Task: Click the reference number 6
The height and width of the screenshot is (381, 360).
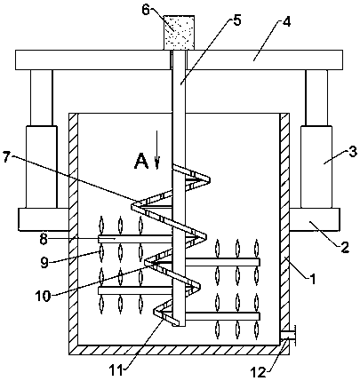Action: click(146, 10)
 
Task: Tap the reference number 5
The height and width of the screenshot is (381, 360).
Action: click(237, 20)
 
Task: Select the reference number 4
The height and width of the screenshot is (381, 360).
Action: click(287, 22)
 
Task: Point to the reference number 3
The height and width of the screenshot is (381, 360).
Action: click(352, 153)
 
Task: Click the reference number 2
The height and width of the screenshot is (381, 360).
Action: click(345, 247)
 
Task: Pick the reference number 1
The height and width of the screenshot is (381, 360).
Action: click(312, 279)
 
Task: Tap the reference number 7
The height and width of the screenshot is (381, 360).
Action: click(8, 156)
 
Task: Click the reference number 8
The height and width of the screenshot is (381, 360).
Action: click(44, 239)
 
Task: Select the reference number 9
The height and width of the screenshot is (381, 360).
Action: click(44, 263)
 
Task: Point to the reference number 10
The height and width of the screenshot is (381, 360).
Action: click(43, 296)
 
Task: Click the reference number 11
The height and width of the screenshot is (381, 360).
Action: click(116, 370)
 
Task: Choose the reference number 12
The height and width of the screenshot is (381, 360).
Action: click(259, 372)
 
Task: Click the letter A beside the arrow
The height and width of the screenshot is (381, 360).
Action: click(141, 162)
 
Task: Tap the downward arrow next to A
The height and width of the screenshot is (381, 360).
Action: click(157, 150)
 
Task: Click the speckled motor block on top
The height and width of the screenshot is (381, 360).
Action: click(180, 33)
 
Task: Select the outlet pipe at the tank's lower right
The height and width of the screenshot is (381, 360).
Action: click(288, 335)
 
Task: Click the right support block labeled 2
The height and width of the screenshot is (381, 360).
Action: click(315, 219)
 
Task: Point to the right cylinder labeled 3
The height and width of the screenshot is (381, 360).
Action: click(316, 167)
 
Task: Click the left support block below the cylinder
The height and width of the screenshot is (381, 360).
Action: click(44, 219)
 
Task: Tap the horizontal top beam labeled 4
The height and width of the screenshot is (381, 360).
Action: click(179, 60)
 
